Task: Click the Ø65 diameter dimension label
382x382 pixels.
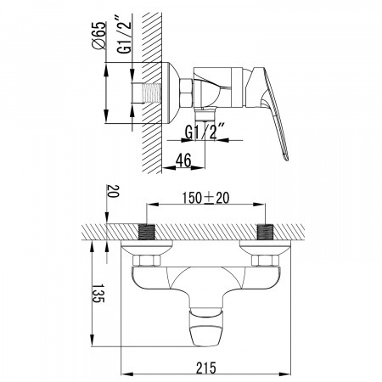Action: (99, 36)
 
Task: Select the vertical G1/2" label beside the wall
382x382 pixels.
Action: (125, 35)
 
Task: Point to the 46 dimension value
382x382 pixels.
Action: (183, 160)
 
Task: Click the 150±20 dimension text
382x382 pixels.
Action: (205, 198)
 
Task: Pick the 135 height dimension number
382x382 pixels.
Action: (98, 294)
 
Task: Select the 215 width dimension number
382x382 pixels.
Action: (206, 368)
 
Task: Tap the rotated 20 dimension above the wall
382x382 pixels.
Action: (113, 191)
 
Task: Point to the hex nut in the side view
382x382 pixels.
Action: (186, 93)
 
